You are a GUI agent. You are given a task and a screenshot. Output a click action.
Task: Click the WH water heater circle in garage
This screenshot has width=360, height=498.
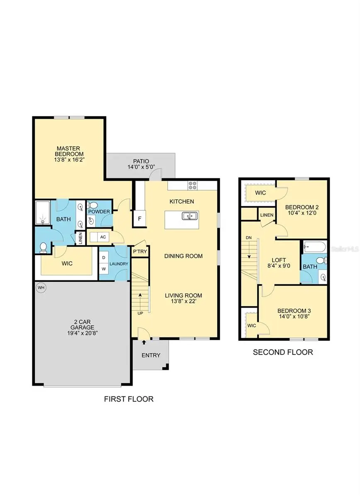(41, 288)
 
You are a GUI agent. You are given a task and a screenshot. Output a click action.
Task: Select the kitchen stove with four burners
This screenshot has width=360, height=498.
(193, 185)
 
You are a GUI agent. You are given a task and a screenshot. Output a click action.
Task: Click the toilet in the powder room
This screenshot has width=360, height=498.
(93, 205)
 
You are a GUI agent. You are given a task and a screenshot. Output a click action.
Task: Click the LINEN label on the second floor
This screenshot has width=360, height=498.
(266, 215)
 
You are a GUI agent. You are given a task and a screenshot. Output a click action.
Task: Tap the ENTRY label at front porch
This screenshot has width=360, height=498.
(151, 355)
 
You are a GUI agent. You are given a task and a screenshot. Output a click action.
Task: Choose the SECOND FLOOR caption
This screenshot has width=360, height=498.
(283, 353)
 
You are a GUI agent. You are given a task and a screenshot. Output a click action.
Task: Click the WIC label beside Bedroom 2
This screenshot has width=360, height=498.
(260, 193)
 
